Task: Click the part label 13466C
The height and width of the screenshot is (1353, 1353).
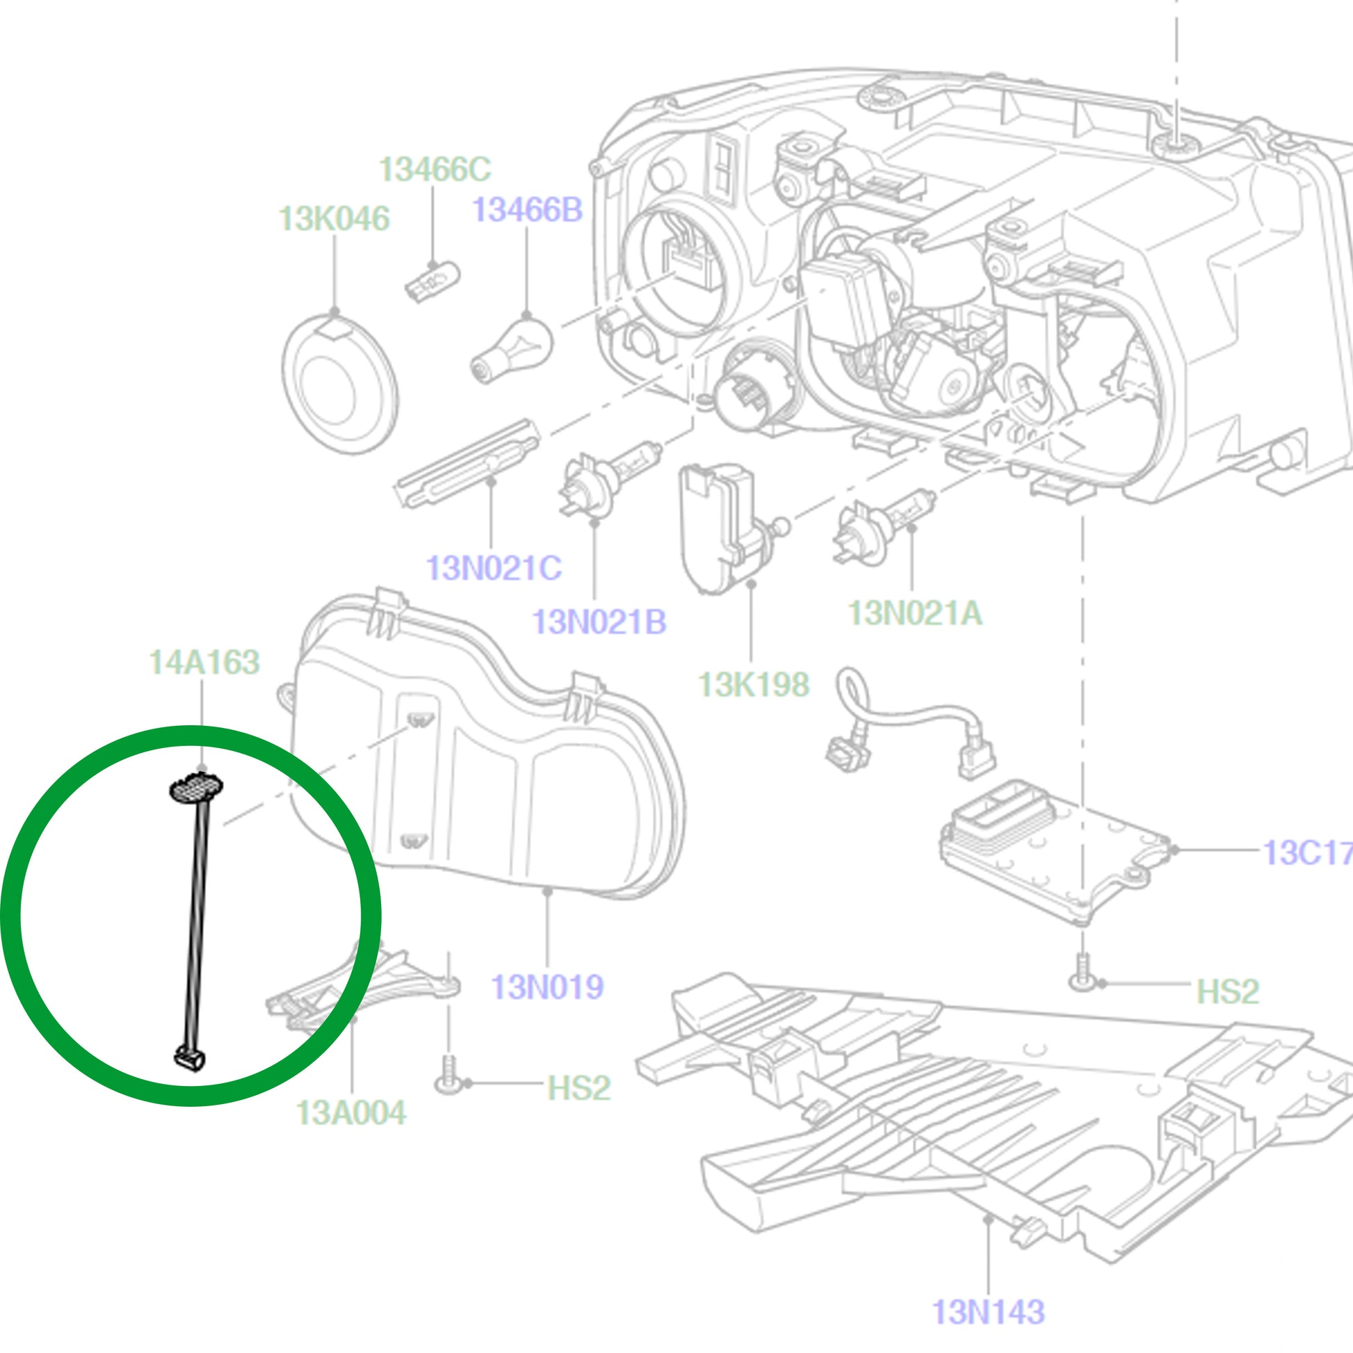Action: point(434,170)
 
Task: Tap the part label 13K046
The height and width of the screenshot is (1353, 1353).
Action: point(334,219)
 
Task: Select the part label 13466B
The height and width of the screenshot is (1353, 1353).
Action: point(526,210)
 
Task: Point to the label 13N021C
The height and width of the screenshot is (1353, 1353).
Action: point(494,568)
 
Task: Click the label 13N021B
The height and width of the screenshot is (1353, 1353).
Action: point(599,622)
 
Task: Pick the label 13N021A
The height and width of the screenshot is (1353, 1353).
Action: point(914,613)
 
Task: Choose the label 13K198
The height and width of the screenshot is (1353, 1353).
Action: point(754,685)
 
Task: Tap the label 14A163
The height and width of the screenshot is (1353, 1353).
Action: point(204,663)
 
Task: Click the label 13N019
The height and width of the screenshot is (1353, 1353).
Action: point(547,987)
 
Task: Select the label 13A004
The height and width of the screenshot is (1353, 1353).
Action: point(351,1113)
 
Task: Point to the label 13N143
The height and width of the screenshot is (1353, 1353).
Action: point(988,1312)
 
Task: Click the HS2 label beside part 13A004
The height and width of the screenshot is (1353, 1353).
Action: point(578,1087)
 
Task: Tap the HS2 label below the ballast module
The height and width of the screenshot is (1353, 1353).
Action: point(1227,991)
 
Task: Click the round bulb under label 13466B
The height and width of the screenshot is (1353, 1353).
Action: point(512,348)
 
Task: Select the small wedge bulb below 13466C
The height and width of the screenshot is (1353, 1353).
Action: point(432,281)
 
